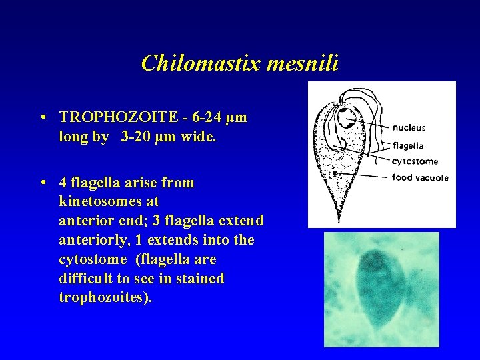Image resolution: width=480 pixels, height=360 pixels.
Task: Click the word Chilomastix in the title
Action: click(193, 63)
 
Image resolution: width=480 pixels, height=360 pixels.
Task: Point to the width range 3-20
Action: click(139, 136)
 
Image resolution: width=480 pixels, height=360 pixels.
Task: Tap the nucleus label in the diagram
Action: click(409, 128)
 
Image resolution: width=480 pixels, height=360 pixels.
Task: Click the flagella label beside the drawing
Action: click(408, 145)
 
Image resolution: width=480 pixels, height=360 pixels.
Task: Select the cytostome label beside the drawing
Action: click(415, 161)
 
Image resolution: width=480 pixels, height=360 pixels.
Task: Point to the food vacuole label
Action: click(420, 177)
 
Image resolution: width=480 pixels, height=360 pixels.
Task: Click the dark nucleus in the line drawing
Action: click(347, 121)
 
